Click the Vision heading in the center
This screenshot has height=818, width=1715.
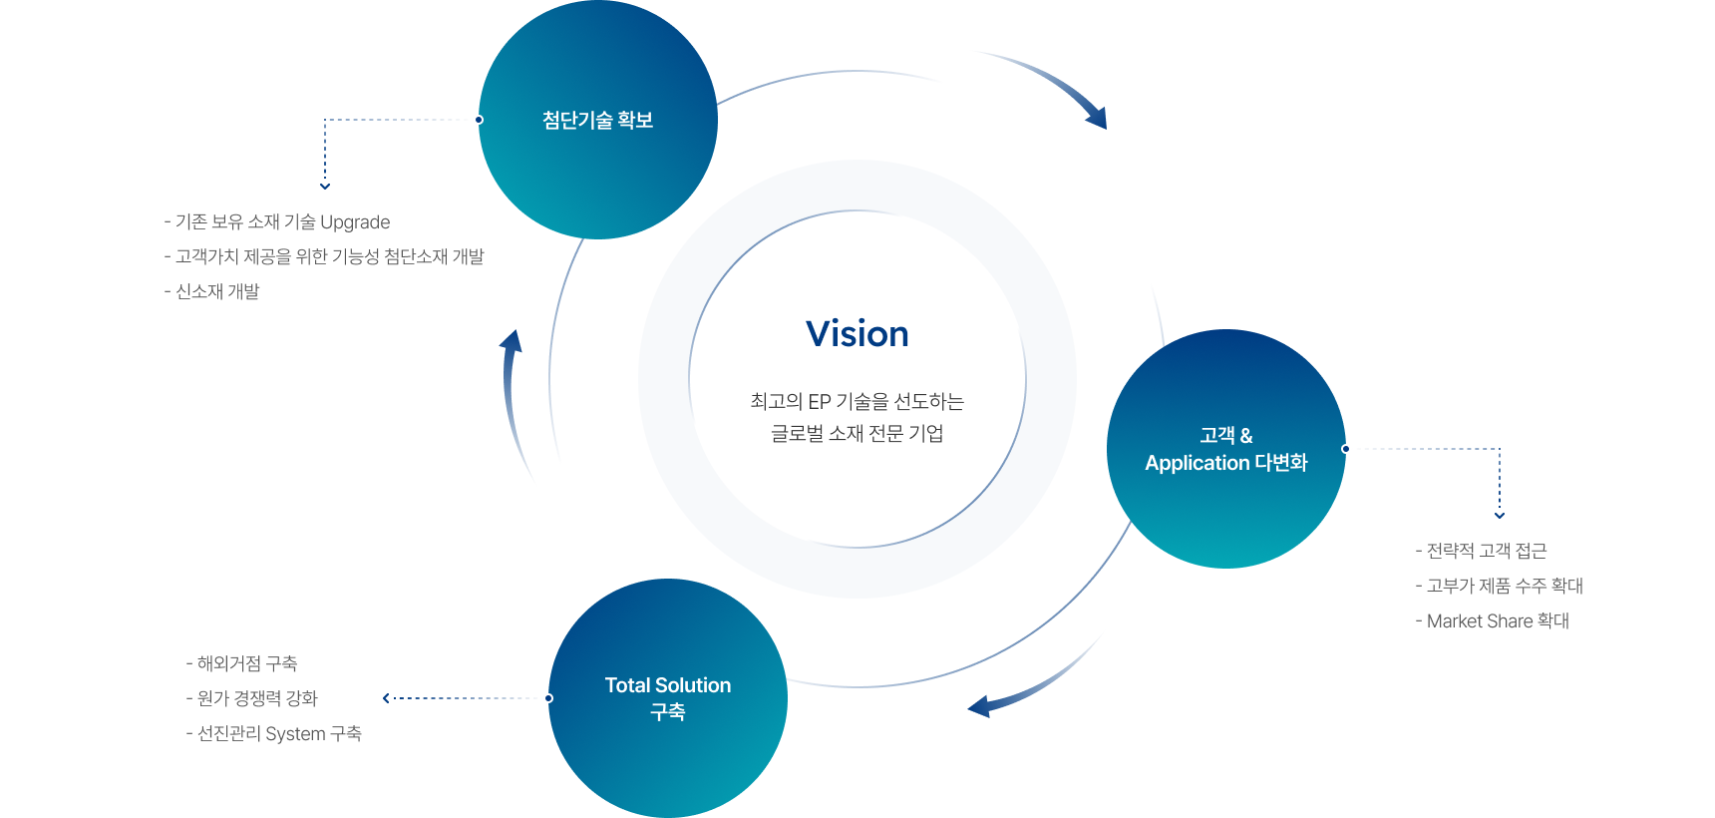857,333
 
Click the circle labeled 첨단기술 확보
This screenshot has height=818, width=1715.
598,120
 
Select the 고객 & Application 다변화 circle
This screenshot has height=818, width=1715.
1226,449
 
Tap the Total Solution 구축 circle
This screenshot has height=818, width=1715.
668,698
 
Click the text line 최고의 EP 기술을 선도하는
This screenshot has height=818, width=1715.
857,401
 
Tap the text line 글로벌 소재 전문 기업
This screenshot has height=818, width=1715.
857,433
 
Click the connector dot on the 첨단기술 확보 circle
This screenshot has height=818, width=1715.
480,120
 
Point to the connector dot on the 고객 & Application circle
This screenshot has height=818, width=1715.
1345,449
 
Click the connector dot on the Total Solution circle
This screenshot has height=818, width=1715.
549,698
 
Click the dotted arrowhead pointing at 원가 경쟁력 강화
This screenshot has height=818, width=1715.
386,698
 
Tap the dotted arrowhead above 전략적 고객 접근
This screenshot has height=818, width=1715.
1500,515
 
